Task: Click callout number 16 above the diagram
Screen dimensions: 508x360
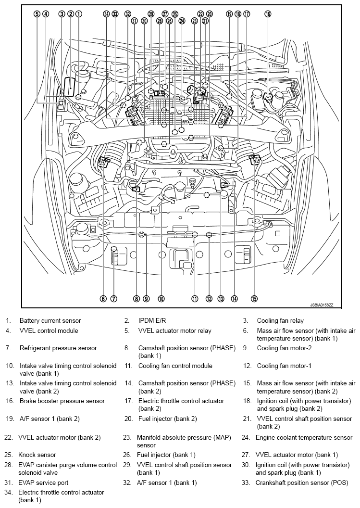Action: coord(268,14)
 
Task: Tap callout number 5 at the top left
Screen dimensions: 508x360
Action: coord(37,14)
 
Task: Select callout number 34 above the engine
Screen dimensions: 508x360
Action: coord(106,14)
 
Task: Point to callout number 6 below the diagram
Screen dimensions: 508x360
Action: coord(103,299)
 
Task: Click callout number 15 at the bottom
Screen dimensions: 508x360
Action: coord(254,299)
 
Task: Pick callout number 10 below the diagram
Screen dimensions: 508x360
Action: coord(161,299)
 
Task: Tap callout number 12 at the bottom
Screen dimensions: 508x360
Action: coord(209,299)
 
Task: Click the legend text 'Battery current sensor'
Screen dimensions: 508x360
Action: coord(50,320)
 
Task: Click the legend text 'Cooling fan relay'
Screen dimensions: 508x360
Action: coord(280,320)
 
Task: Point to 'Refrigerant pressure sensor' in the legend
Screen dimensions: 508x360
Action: coord(58,347)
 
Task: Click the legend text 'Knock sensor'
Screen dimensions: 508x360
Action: coord(37,455)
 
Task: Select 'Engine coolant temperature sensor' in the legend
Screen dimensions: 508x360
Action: coord(304,438)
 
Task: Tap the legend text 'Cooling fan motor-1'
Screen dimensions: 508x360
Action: coord(284,366)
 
